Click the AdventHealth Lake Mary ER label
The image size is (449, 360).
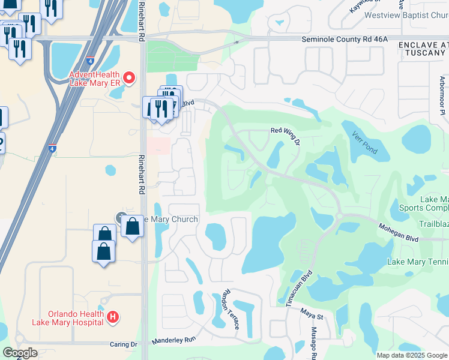95,79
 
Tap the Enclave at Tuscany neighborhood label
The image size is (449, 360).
423,50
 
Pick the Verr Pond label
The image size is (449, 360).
365,142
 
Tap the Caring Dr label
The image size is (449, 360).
124,344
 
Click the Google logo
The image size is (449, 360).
20,353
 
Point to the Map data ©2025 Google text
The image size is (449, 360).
412,355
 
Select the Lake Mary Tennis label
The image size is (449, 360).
418,262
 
